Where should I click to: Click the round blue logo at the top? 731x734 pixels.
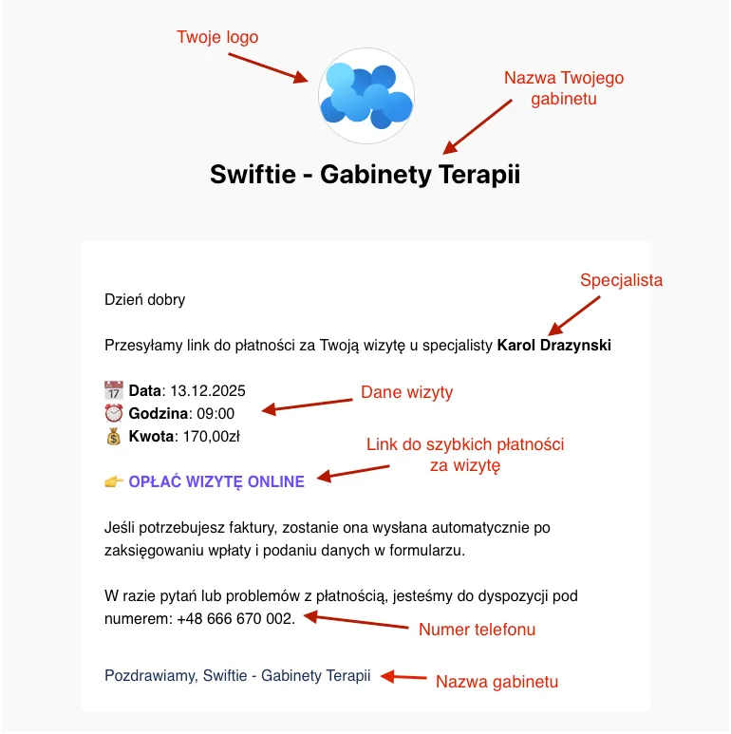[x=365, y=96]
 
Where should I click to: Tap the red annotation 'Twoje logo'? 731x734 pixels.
[x=217, y=37]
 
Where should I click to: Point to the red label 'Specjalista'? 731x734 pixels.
[x=621, y=280]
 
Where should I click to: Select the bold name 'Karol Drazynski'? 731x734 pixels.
[x=554, y=346]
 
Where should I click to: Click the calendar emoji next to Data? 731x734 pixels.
[x=114, y=390]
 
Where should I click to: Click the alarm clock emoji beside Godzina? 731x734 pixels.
[x=114, y=413]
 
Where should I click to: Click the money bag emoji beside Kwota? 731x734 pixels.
[x=114, y=437]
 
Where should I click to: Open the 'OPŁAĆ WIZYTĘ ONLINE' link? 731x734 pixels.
[x=216, y=481]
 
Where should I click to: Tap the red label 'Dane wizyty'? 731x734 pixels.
[x=406, y=392]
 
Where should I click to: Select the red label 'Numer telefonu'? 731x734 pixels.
[x=477, y=630]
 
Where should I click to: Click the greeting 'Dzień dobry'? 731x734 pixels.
[x=145, y=300]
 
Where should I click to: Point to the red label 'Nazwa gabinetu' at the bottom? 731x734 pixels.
[x=497, y=682]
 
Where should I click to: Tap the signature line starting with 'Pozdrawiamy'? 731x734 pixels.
[x=237, y=676]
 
